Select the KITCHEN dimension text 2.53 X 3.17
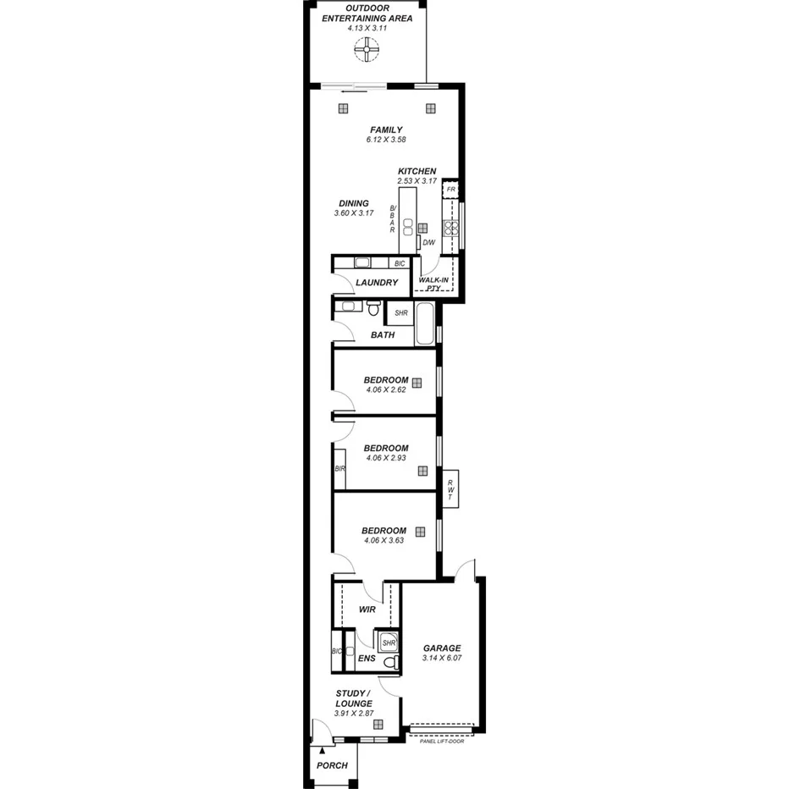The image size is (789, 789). pos(417,180)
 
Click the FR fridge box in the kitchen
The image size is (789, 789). pos(451,190)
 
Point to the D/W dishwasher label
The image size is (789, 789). pos(428,244)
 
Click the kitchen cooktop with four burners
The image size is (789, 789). pos(453,226)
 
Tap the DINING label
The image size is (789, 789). pos(353,203)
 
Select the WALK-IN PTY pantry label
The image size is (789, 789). pos(433,283)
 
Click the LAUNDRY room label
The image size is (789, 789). pos(376,282)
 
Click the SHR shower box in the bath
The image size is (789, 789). pos(400,312)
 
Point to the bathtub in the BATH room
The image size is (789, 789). pos(425,325)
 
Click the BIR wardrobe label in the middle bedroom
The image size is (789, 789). pos(339,468)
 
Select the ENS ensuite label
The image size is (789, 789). pos(366,658)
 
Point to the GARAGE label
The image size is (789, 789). pos(442,648)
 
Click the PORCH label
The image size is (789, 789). pos(332,765)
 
